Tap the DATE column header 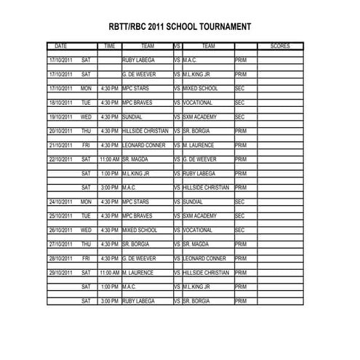coord(61,46)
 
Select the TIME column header coord(110,46)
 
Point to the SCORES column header coord(280,46)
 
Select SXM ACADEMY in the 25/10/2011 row coord(200,215)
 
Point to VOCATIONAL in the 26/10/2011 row coord(198,230)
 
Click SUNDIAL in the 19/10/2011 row coord(133,116)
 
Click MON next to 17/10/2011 coord(87,88)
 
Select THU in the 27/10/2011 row coord(87,244)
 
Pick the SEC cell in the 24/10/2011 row coord(241,201)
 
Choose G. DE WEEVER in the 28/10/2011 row coord(139,258)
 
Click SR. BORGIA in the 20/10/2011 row coord(197,131)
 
